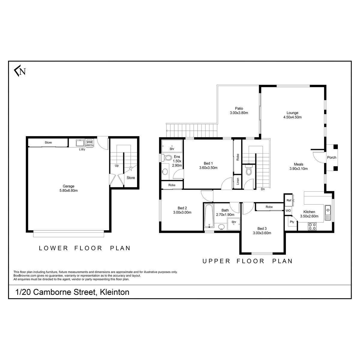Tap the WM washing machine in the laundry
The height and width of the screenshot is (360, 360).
pos(89,142)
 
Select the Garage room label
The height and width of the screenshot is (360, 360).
pos(68,186)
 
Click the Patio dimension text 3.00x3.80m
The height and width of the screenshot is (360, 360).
pos(239,113)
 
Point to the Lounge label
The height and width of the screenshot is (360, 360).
pos(292,113)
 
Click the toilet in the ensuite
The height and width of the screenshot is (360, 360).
pos(166,158)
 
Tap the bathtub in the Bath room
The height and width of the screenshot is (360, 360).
pos(209,216)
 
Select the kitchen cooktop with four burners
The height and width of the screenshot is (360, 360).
pos(312,226)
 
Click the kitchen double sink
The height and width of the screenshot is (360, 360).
pos(328,213)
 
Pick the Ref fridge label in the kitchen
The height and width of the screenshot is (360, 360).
pos(289,200)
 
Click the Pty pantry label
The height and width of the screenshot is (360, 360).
pos(292,222)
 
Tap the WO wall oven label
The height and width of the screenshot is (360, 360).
pos(288,211)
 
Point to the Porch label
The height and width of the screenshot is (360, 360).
pos(331,157)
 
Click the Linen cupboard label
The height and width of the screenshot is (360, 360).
pos(238,181)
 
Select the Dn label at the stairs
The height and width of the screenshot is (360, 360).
pos(263,189)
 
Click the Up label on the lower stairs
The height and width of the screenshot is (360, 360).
pos(117,166)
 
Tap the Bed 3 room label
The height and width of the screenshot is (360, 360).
pos(262,229)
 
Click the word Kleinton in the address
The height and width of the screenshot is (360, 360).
pos(115,292)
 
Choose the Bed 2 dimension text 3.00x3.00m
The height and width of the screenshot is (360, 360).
pos(182,212)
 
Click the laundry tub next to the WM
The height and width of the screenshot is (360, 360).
pos(80,143)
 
